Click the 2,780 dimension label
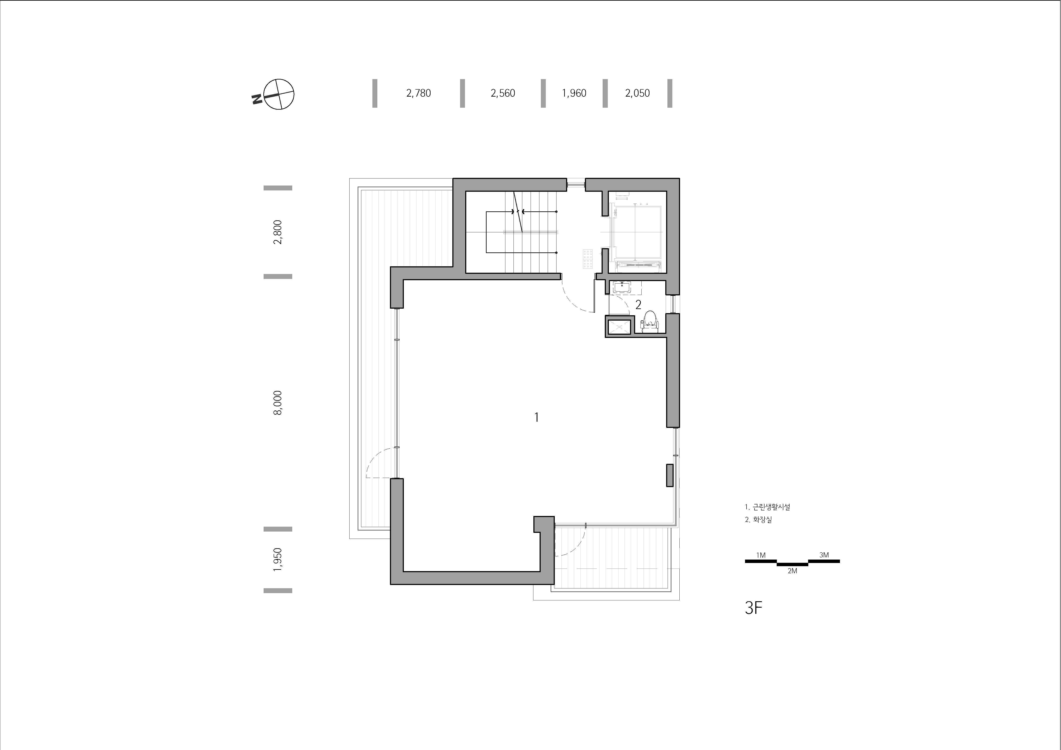[x=419, y=93]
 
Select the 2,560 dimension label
[x=503, y=93]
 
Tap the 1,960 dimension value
[x=574, y=93]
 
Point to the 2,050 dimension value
[x=637, y=93]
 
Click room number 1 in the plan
[x=537, y=417]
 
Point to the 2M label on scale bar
[x=792, y=571]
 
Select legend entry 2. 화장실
[x=758, y=519]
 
